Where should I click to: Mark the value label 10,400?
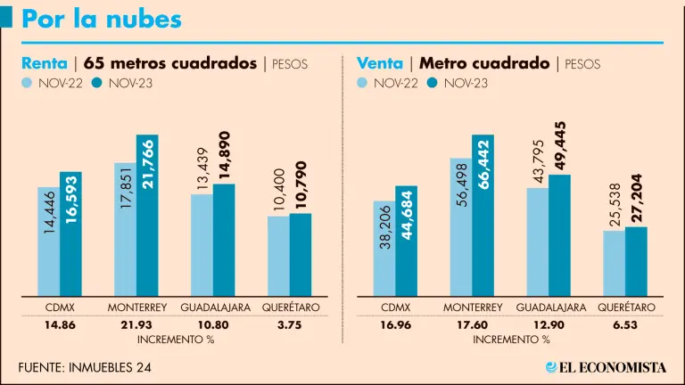tap(278, 189)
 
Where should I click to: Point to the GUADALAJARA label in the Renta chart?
tap(213, 307)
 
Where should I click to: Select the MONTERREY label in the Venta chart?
tap(472, 307)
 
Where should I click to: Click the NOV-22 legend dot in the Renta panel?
tap(29, 83)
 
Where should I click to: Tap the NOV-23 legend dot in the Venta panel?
tap(433, 83)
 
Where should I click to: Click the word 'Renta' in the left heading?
tap(45, 63)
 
